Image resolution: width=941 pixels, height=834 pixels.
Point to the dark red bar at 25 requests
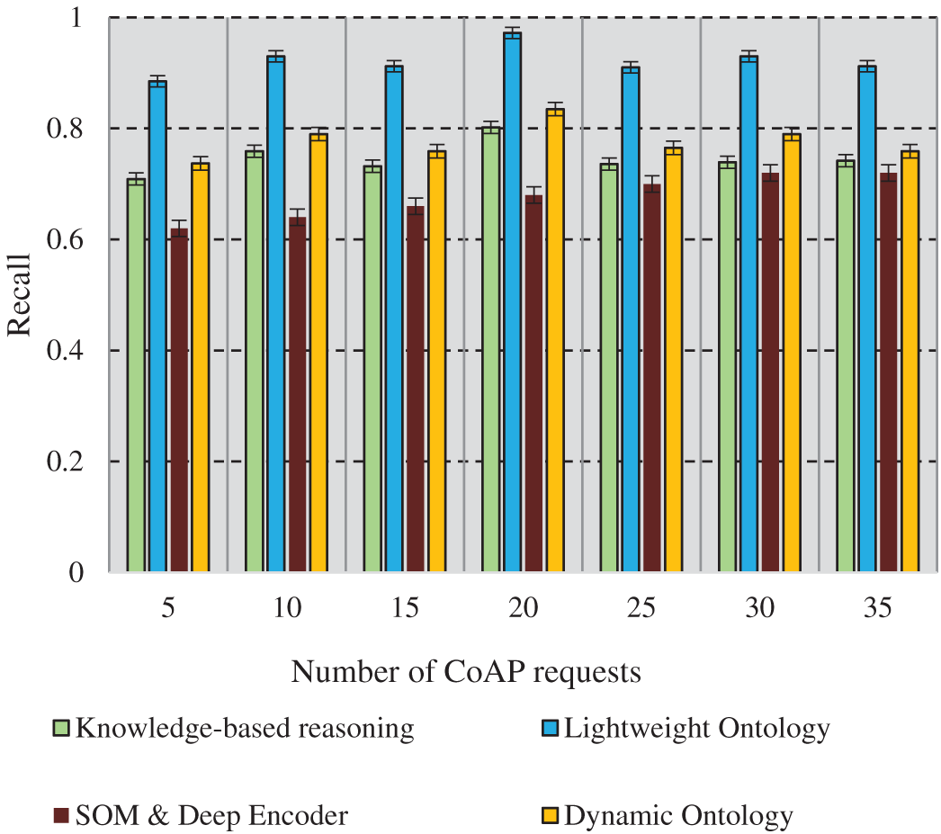coord(651,378)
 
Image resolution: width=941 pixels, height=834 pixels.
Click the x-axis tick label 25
coord(641,609)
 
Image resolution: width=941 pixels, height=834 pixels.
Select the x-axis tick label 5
coord(168,609)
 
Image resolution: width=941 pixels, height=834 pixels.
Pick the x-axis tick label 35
coord(878,609)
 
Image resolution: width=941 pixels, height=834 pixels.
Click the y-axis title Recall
coord(20,294)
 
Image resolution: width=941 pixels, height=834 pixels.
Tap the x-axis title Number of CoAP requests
coord(466,671)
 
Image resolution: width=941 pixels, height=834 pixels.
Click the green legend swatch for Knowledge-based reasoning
coord(62,727)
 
